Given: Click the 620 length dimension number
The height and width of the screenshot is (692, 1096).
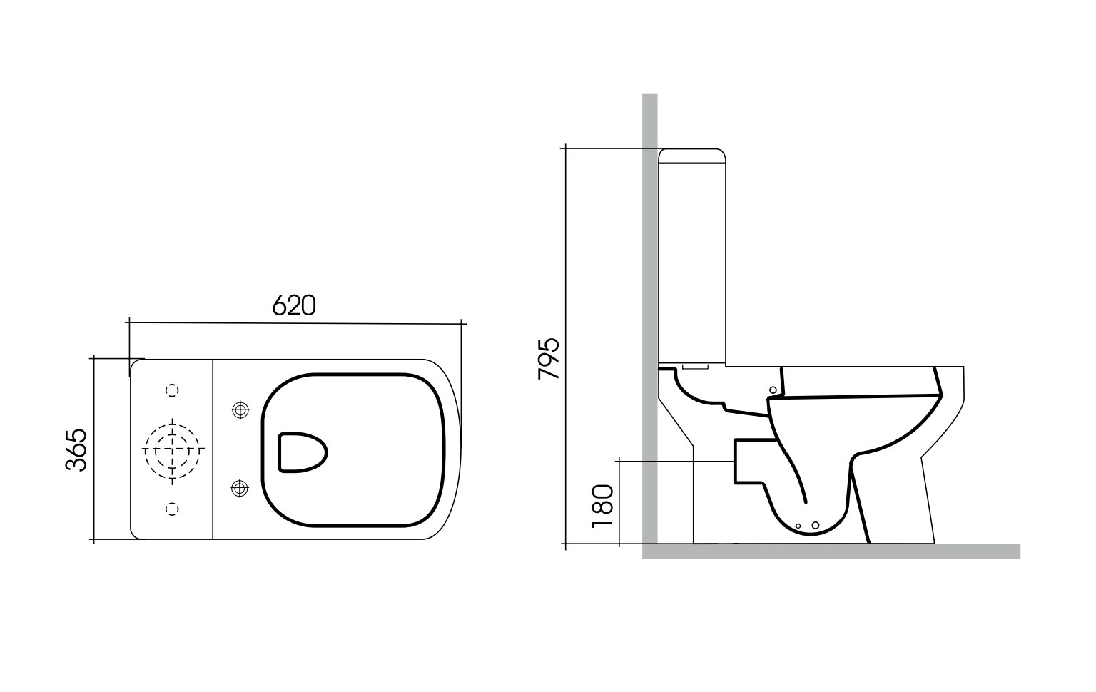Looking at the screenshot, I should (x=293, y=305).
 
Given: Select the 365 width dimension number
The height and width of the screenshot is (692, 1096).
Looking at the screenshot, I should (x=76, y=449).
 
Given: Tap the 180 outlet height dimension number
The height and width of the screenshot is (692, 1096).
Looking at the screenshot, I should (x=603, y=505).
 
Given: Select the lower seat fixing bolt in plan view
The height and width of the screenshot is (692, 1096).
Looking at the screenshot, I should (x=240, y=489).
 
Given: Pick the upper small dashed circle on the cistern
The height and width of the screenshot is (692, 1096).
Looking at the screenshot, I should (x=172, y=390).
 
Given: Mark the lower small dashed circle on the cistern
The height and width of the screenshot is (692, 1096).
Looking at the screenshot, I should (x=172, y=509).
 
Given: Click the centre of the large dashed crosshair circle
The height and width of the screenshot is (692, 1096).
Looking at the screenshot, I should (x=173, y=449).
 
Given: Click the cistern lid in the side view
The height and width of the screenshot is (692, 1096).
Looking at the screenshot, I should (x=691, y=156).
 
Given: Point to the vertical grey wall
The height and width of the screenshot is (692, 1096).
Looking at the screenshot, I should (x=649, y=285).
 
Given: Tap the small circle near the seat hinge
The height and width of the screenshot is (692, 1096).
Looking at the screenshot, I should (x=773, y=390).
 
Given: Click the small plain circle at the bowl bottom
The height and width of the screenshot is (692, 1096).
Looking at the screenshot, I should (x=816, y=526).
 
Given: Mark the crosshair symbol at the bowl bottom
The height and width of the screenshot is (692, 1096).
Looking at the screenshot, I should (x=798, y=526).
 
